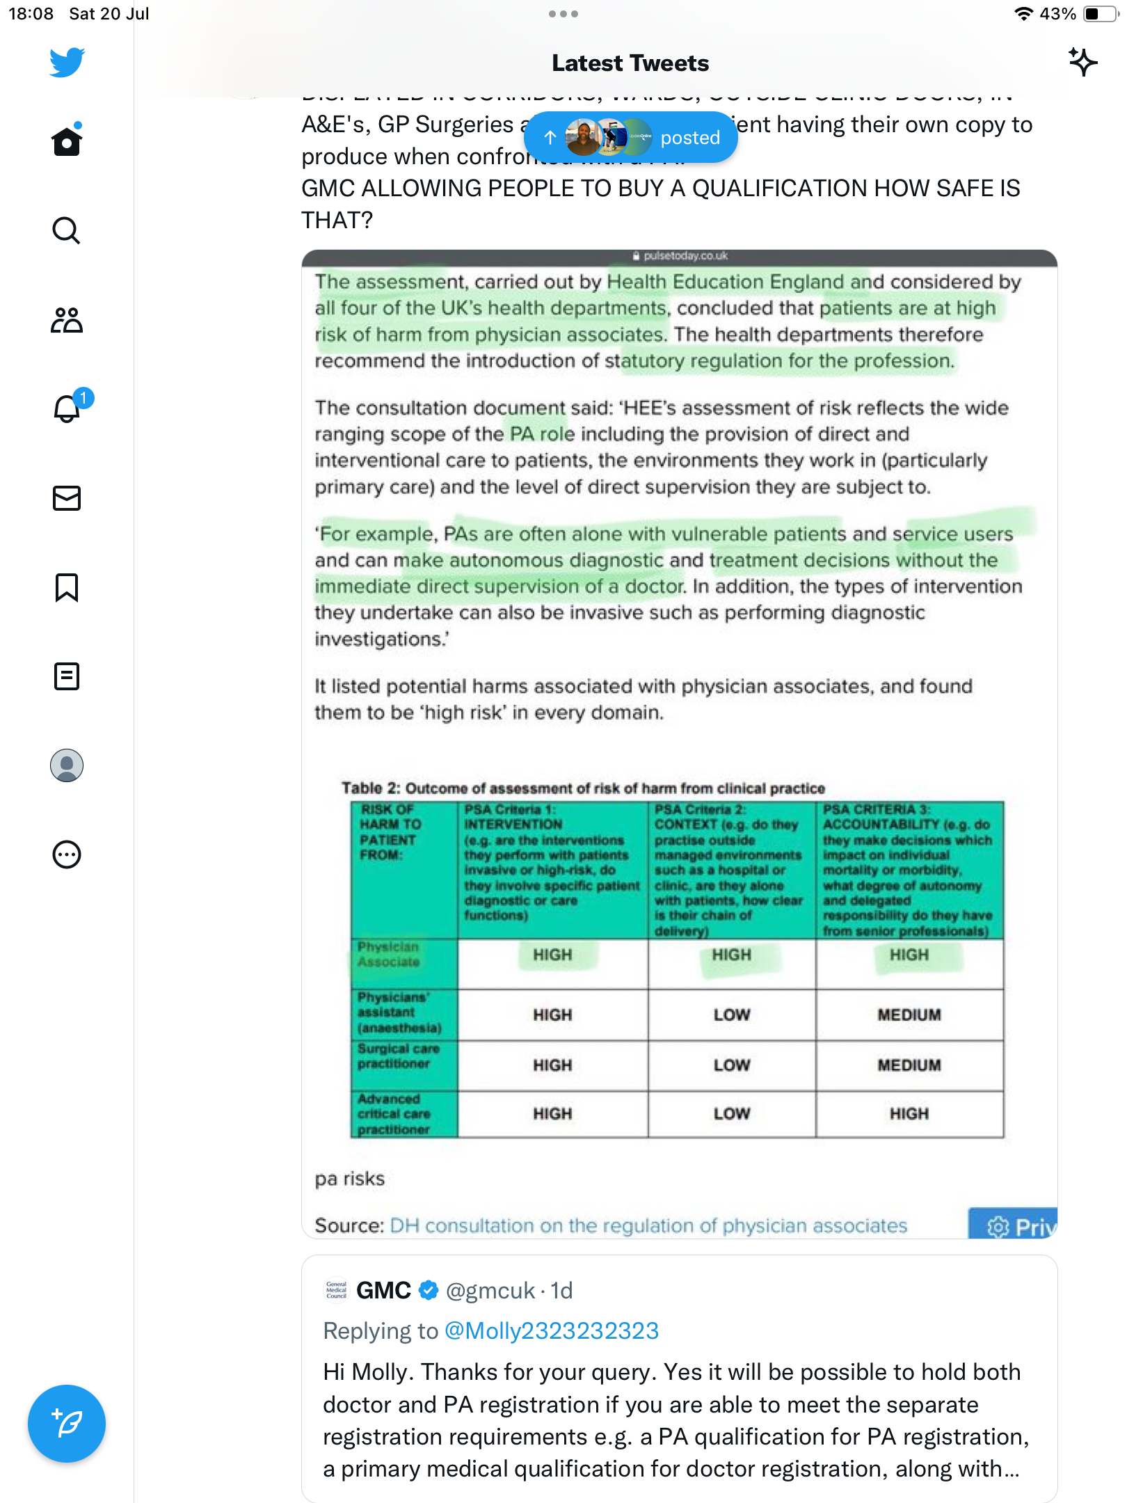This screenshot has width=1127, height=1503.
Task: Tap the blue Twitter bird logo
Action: pos(67,63)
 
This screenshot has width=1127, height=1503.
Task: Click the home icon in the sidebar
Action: pos(67,141)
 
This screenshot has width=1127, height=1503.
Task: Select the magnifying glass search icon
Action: pos(67,230)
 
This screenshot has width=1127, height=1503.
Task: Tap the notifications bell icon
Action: pos(67,408)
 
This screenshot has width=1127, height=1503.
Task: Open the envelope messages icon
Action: pos(67,498)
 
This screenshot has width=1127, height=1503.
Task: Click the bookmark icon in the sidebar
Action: pos(67,587)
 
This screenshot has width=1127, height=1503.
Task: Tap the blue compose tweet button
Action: pos(67,1423)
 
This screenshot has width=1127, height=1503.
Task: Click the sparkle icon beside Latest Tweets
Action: pos(1082,63)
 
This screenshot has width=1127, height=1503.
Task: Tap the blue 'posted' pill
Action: pos(630,138)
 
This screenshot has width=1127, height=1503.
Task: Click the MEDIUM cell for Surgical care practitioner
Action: pos(909,1065)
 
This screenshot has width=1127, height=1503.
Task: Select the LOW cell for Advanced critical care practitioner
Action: pos(731,1114)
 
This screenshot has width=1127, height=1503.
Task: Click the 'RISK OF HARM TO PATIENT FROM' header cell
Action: pos(391,832)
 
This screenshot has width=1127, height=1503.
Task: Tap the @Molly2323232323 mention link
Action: pos(551,1331)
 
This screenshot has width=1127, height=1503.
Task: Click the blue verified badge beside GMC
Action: pos(429,1291)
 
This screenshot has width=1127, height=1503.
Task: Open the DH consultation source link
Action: pos(648,1226)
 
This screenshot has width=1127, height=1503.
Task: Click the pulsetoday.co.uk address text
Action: pos(685,256)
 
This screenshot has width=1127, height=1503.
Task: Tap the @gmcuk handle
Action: pos(490,1291)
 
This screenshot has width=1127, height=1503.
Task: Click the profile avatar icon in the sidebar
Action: pos(67,765)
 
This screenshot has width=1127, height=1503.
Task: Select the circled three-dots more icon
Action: pos(67,854)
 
